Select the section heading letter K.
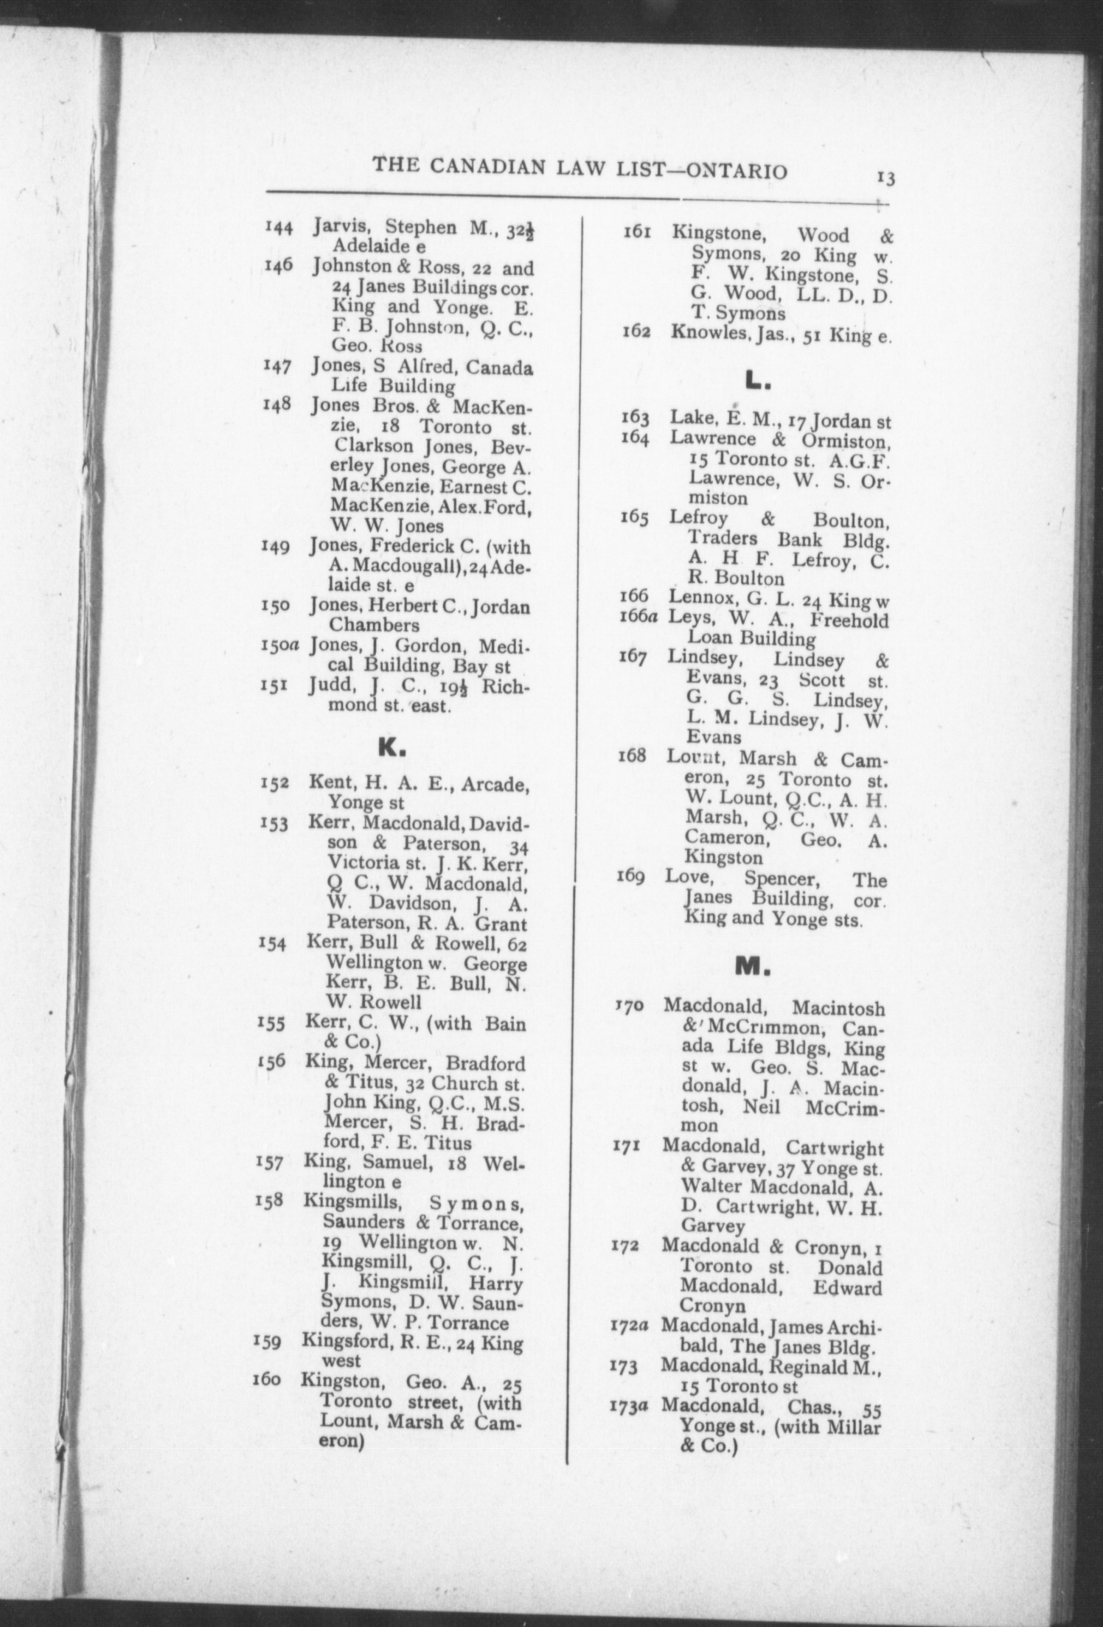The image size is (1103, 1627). point(391,748)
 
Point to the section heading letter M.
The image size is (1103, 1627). point(752,966)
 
